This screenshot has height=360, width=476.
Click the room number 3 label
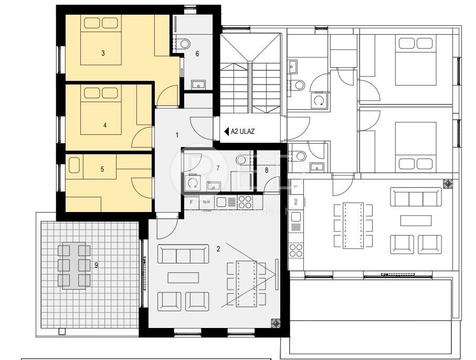tap(103, 53)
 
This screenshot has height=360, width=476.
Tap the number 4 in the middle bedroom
tap(105, 125)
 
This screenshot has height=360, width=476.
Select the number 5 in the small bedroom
tap(102, 169)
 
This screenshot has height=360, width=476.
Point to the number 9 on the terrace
tap(96, 265)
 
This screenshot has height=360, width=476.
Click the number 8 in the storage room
tap(266, 170)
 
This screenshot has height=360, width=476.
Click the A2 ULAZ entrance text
tap(242, 132)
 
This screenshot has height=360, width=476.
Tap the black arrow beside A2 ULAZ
tap(226, 132)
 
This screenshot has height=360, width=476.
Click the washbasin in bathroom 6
tap(198, 84)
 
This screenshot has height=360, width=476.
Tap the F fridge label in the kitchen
tap(191, 202)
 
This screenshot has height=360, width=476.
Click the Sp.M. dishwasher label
tap(206, 202)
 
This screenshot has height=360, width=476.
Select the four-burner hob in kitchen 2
tap(245, 201)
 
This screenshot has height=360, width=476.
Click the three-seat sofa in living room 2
tap(181, 255)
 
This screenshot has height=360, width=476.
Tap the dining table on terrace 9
tap(73, 266)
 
